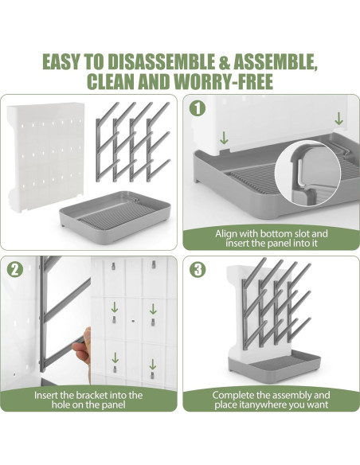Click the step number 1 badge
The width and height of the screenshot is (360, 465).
coord(198,108)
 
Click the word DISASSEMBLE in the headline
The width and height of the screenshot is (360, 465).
coord(161,61)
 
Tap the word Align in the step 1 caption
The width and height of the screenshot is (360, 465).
coord(226,234)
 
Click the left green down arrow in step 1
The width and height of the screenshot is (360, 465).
coord(224,138)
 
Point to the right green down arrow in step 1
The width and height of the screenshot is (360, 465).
coord(338,119)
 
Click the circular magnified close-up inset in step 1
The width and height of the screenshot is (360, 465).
coord(307,174)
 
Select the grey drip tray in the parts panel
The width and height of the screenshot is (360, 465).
coord(115,217)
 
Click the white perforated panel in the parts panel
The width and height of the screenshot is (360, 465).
coord(46,157)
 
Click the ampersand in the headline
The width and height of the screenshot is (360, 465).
coord(224,61)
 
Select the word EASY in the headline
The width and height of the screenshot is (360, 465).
coord(61,61)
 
